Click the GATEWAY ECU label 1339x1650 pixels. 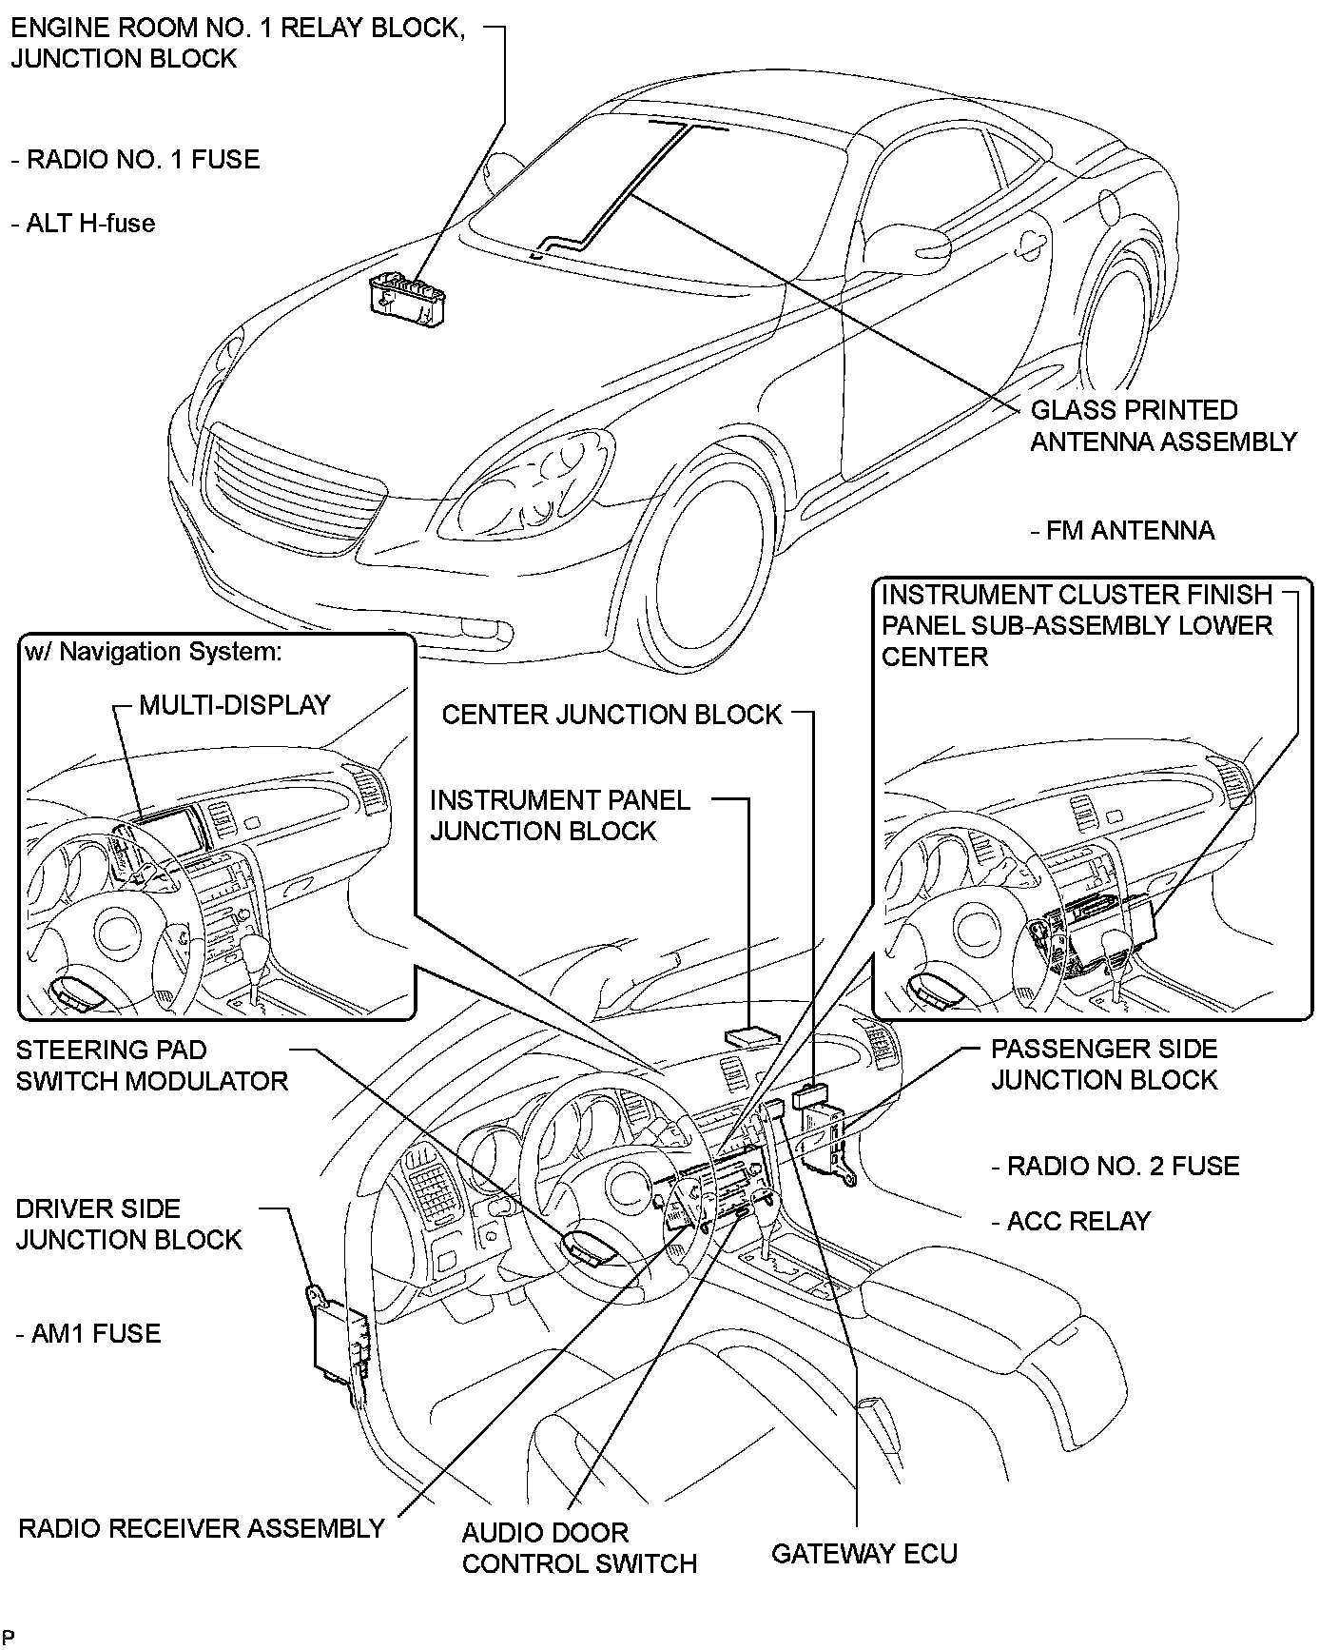[x=864, y=1554]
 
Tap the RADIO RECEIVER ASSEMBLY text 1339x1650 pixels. [x=202, y=1528]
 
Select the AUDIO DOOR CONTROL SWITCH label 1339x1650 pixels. [x=579, y=1548]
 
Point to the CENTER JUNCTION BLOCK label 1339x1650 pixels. [x=611, y=715]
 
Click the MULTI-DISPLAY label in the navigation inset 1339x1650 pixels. [x=234, y=705]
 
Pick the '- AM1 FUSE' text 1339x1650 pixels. [x=88, y=1333]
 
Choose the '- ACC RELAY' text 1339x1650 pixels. [x=1071, y=1221]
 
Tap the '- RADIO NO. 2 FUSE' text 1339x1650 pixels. [x=1116, y=1166]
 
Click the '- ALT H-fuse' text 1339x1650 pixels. [x=83, y=223]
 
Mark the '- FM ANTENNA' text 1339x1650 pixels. [x=1122, y=530]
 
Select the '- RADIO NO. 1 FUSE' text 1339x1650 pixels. [x=135, y=159]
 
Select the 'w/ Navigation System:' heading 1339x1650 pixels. [x=153, y=652]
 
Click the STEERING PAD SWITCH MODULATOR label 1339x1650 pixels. [x=151, y=1066]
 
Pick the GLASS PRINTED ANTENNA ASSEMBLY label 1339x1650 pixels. [x=1163, y=425]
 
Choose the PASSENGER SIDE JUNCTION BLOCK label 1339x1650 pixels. [x=1104, y=1064]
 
